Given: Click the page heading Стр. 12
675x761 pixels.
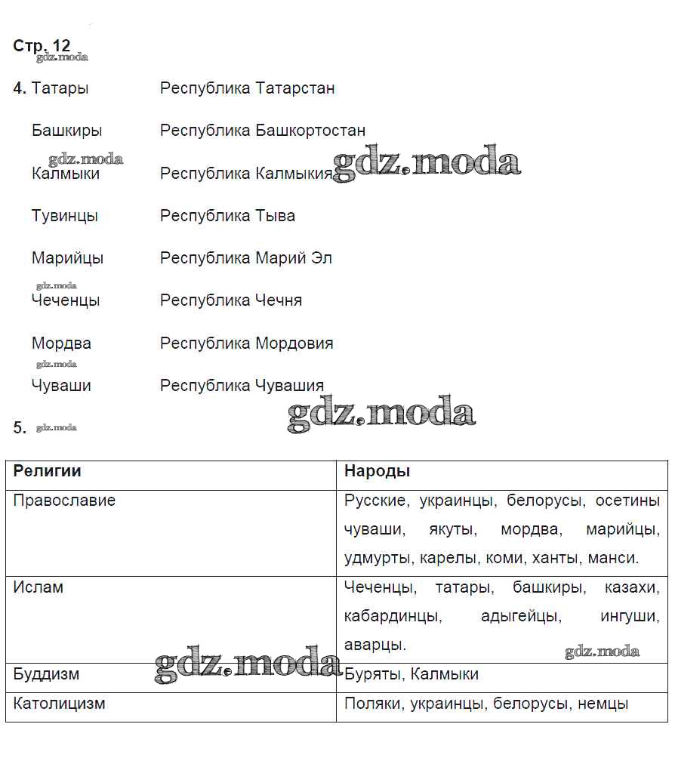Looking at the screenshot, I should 42,45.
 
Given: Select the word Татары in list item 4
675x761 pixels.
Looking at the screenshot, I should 60,88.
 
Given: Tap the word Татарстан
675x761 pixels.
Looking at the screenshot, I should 295,88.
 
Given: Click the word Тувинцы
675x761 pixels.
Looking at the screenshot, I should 65,216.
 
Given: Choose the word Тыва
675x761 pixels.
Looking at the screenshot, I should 276,216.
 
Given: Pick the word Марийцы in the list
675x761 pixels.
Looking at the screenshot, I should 67,258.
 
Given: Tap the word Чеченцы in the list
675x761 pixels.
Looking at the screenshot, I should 66,300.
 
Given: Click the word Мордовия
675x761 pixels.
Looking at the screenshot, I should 294,344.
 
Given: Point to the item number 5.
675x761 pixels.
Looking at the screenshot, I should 20,428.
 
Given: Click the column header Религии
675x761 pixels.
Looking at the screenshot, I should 47,472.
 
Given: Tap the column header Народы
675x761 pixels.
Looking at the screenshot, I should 377,472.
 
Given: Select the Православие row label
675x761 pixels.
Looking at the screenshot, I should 64,501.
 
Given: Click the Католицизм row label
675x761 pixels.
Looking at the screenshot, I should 59,704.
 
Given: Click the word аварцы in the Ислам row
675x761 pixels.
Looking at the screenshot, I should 374,645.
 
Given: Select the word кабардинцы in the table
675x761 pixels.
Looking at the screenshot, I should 391,616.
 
